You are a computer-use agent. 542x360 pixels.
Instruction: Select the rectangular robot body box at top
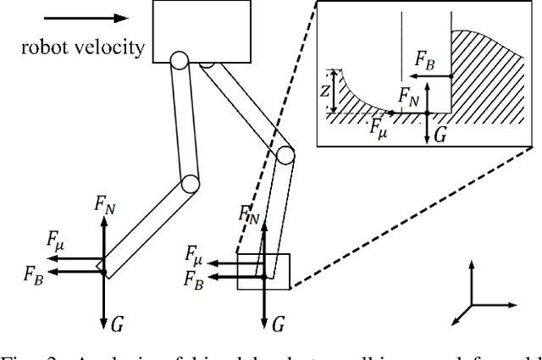202,30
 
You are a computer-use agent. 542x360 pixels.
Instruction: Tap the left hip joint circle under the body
179,61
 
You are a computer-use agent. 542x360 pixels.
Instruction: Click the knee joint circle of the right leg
285,156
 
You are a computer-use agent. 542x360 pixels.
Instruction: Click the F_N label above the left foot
104,204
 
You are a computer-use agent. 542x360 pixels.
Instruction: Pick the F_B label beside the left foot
36,273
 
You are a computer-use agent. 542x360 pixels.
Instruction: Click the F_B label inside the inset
426,59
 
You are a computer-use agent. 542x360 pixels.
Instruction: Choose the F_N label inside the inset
410,93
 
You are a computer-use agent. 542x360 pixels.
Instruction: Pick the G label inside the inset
440,133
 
